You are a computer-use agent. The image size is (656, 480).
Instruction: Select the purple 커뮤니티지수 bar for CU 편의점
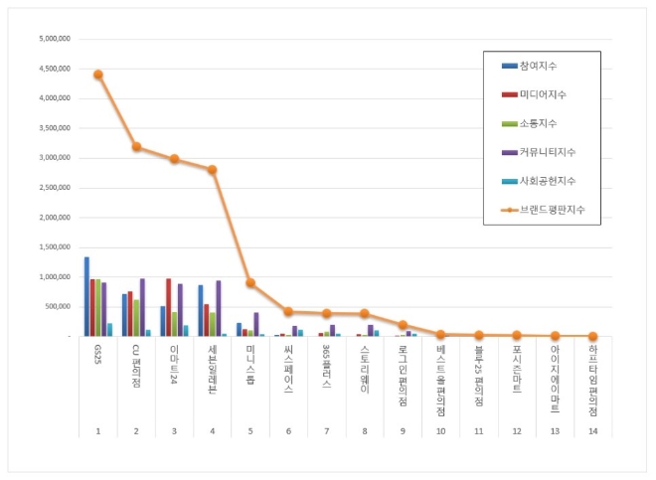(142, 307)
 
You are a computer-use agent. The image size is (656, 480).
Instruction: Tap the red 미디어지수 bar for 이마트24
(169, 307)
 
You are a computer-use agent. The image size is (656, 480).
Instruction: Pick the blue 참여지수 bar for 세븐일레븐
(201, 310)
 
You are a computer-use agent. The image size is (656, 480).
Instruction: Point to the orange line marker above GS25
(97, 75)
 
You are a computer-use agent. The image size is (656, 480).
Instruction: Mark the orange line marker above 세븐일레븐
(212, 170)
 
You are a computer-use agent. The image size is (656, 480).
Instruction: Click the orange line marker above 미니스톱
(249, 283)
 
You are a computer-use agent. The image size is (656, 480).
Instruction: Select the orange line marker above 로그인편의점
(403, 325)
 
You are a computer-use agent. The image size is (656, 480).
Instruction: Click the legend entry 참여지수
(537, 65)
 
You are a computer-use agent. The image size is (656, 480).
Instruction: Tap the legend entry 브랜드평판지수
(549, 210)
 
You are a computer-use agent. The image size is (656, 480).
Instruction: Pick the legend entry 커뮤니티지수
(547, 152)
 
